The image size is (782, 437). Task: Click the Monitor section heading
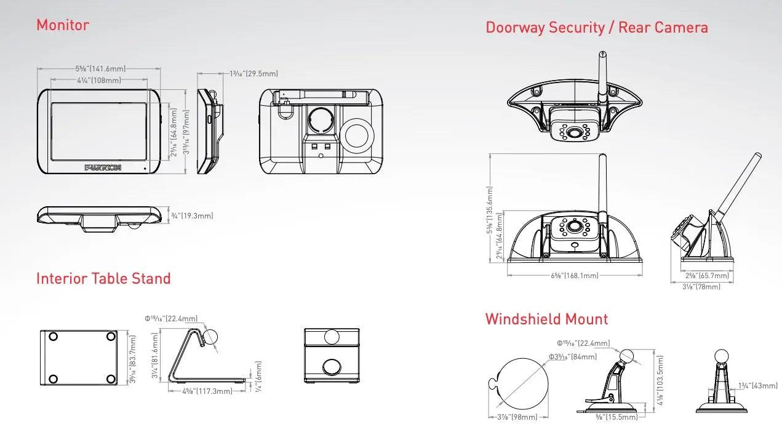[x=63, y=25]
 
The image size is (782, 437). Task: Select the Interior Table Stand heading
[x=103, y=279]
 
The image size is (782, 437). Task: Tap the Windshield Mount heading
[x=546, y=319]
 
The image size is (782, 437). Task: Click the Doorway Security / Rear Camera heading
[x=596, y=28]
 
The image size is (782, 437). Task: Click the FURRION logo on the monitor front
[x=103, y=167]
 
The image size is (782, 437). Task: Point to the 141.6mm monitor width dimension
[x=100, y=69]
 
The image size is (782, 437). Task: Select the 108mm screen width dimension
[x=99, y=80]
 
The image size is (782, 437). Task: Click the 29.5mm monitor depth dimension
[x=253, y=74]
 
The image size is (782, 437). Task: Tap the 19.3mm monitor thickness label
[x=193, y=215]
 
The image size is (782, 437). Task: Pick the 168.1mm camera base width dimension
[x=575, y=276]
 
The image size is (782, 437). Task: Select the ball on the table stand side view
[x=210, y=335]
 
